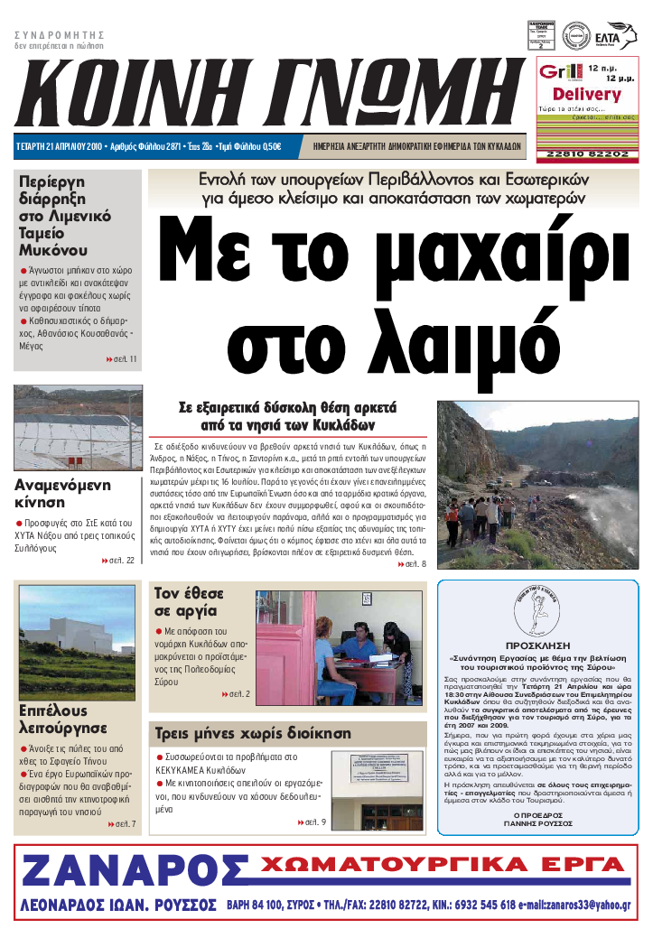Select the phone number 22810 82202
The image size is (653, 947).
[x=588, y=154]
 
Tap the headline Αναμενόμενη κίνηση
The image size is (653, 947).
[x=63, y=493]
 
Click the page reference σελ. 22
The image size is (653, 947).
[x=119, y=561]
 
